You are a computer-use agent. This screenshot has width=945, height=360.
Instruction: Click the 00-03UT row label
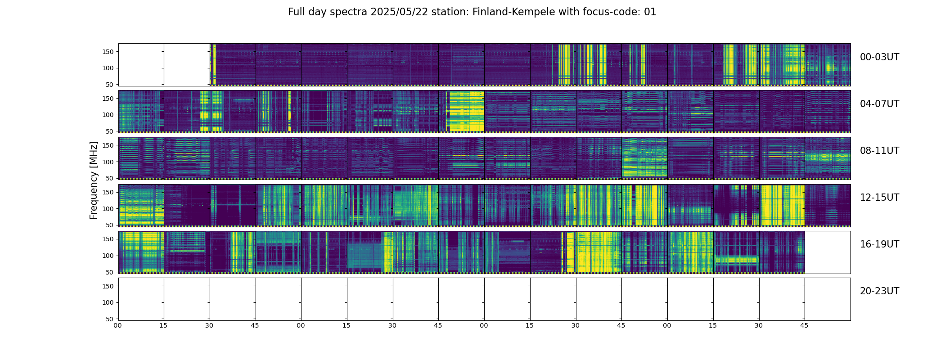point(879,57)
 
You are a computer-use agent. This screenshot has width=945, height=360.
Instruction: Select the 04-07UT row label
point(879,104)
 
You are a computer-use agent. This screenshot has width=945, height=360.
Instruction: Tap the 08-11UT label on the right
point(879,151)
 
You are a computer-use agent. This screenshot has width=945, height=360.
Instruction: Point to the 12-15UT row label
point(879,198)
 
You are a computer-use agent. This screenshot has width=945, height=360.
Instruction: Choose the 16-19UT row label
point(879,244)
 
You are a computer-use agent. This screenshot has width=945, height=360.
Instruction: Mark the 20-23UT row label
point(879,291)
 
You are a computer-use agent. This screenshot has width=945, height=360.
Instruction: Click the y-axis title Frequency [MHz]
point(94,180)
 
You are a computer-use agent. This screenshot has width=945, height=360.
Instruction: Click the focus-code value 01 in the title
point(650,12)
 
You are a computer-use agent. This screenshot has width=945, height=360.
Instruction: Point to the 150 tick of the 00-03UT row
point(108,52)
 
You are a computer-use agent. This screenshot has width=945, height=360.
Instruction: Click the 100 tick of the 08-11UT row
point(108,162)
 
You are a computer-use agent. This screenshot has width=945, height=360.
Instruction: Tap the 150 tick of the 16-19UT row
point(108,239)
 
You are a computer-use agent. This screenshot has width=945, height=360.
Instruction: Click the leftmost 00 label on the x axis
point(118,325)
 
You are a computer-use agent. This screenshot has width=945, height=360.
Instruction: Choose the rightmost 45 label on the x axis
point(804,325)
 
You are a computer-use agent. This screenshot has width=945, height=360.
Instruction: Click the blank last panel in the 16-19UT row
point(827,252)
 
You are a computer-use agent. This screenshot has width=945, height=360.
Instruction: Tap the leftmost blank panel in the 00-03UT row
point(141,65)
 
